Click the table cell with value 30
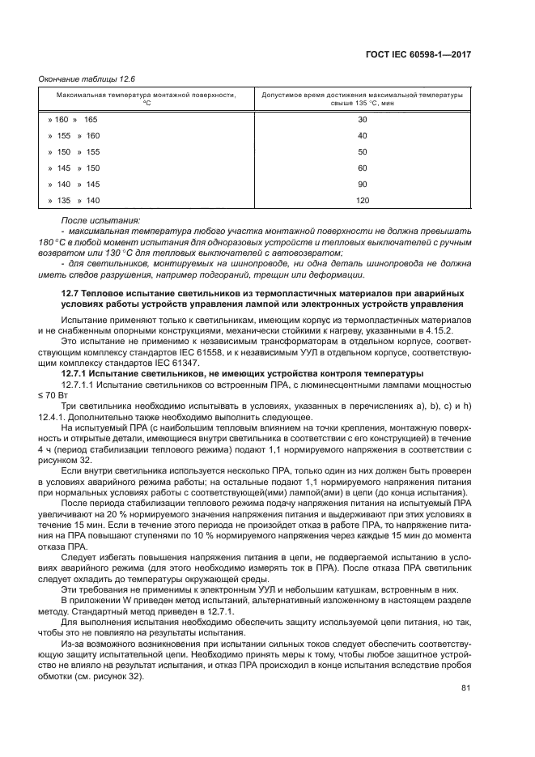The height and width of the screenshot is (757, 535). tap(362, 119)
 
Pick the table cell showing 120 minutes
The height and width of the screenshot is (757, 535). tap(362, 200)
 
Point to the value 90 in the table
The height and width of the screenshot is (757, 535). tap(362, 184)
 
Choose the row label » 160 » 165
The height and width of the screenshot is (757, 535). tap(74, 119)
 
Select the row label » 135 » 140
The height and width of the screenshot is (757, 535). tap(74, 200)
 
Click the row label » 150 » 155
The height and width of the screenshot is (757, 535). tap(74, 151)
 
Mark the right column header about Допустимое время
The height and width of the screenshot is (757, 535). tap(362, 99)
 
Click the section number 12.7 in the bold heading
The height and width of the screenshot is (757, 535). tap(71, 291)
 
